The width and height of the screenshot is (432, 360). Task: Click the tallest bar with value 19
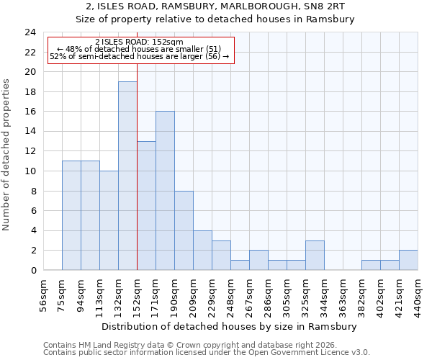coord(127,176)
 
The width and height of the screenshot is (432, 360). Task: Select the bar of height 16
coord(165,191)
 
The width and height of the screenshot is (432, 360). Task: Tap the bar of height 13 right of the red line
coord(146,206)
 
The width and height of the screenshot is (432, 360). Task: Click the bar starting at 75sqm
coord(71,216)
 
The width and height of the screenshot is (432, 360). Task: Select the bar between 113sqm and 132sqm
coord(109,220)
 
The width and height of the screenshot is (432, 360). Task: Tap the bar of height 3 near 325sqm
coord(315,256)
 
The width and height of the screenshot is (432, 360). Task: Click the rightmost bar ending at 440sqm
coord(408,261)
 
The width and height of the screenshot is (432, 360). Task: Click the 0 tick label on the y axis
coord(33,271)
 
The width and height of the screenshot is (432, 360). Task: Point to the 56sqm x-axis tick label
coord(43,292)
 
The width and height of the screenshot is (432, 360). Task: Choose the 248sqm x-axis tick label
coord(230,292)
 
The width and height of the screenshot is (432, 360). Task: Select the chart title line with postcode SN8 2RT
coord(215,6)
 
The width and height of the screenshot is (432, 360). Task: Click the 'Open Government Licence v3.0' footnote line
coord(207,353)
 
